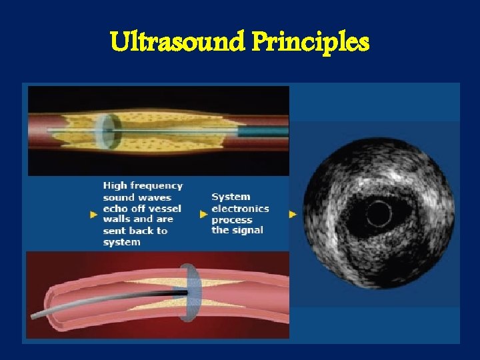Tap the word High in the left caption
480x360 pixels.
[x=114, y=185]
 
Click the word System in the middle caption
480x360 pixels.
[x=231, y=197]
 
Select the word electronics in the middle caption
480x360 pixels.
[x=241, y=208]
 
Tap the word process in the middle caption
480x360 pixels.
[x=232, y=219]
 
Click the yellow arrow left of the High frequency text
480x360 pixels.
[x=93, y=214]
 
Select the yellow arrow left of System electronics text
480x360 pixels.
[x=204, y=214]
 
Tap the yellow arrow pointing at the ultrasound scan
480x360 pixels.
[x=293, y=214]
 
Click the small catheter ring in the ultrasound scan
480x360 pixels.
[x=378, y=214]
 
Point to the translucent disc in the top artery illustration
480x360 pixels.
[x=106, y=131]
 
